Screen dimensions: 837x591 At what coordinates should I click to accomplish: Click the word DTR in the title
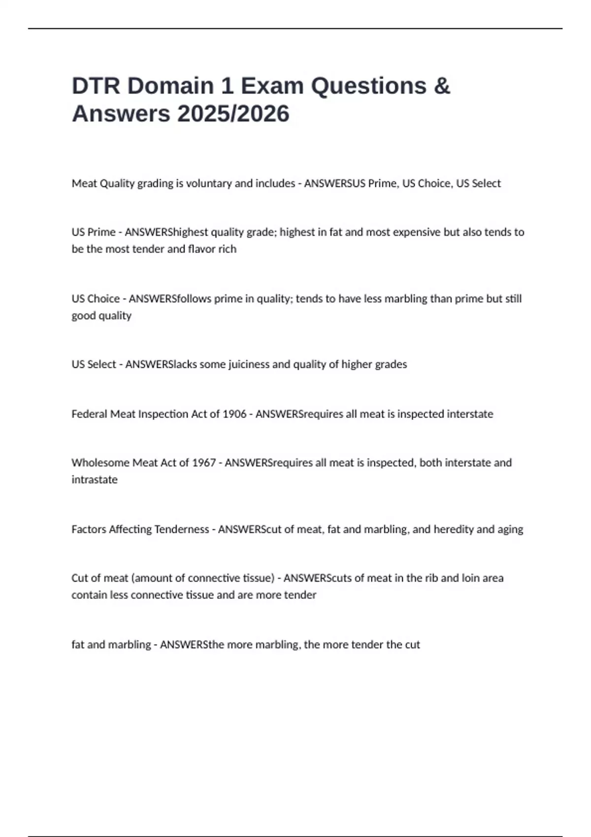pyautogui.click(x=96, y=86)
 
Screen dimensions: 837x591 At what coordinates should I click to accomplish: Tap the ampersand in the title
pyautogui.click(x=442, y=86)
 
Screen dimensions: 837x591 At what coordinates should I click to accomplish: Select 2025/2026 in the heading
pyautogui.click(x=233, y=114)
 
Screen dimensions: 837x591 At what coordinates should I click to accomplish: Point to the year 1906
pyautogui.click(x=234, y=414)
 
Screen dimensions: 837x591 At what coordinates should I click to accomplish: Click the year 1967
pyautogui.click(x=203, y=462)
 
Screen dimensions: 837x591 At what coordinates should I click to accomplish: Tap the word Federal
pyautogui.click(x=89, y=414)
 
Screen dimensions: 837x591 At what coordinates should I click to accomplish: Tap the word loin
pyautogui.click(x=470, y=578)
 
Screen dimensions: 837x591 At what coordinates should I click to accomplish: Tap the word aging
pyautogui.click(x=510, y=529)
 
